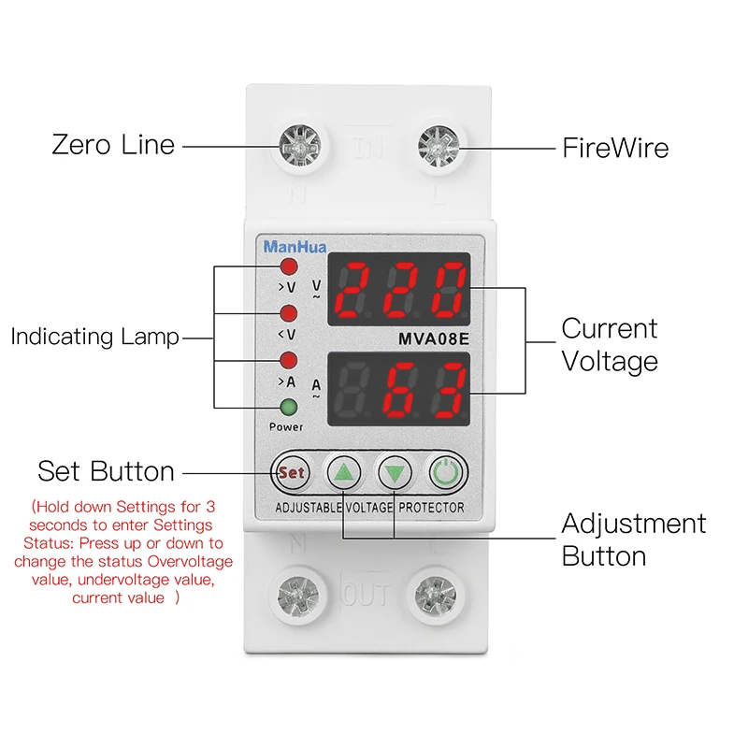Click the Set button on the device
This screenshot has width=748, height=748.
[292, 473]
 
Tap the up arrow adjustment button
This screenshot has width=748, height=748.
[343, 473]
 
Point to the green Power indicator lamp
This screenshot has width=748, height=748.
[289, 407]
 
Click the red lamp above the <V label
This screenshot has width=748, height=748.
[289, 312]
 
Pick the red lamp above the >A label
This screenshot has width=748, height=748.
[289, 360]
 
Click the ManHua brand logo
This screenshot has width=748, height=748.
[289, 248]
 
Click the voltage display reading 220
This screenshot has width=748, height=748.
[399, 288]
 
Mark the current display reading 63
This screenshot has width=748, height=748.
[399, 386]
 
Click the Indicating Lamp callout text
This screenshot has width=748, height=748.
[94, 337]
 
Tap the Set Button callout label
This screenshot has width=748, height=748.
[106, 471]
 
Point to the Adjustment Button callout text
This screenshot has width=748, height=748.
[633, 539]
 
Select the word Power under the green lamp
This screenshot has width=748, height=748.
[286, 427]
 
